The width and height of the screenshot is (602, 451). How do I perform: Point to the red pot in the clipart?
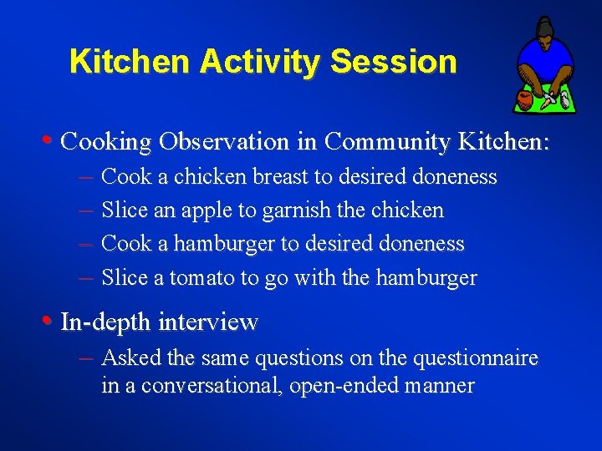(x=524, y=99)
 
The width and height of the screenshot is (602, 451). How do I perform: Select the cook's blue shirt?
(x=545, y=58)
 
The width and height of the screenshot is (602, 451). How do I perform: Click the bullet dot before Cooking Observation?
(x=52, y=140)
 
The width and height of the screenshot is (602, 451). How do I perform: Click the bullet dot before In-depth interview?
(x=52, y=321)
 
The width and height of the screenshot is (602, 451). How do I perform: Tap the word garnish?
(x=294, y=211)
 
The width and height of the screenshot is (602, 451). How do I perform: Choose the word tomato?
(x=202, y=278)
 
